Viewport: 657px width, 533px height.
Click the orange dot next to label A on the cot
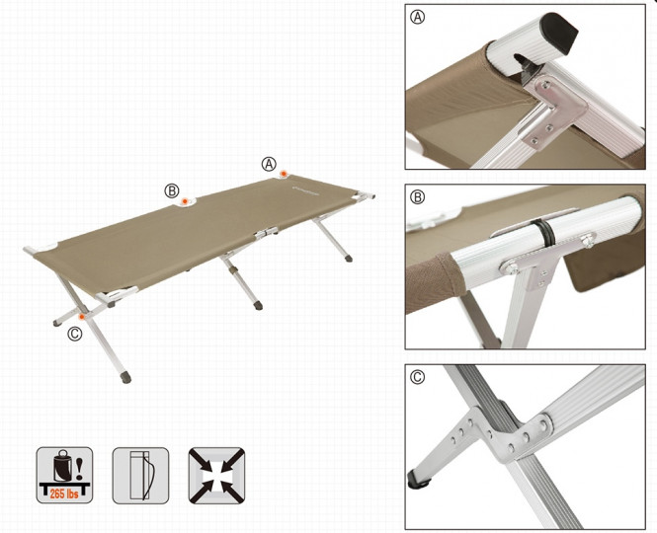point(284,174)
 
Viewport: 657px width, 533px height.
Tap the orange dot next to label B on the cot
point(185,201)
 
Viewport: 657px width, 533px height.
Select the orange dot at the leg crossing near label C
point(82,317)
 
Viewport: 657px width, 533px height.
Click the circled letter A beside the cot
point(269,164)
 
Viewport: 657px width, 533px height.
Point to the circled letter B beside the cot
point(171,190)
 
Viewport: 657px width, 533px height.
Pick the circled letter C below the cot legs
point(75,334)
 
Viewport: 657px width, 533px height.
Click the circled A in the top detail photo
point(418,17)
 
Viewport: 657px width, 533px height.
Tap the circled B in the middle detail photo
point(418,197)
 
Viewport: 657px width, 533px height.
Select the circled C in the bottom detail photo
point(418,377)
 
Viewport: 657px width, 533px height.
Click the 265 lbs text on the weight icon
point(64,494)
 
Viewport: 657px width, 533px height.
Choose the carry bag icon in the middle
point(140,475)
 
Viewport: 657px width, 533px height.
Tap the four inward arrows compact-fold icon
point(216,475)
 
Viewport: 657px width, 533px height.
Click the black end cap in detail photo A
point(560,32)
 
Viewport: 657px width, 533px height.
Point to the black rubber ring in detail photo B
point(542,232)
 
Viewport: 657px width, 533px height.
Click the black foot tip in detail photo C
point(419,480)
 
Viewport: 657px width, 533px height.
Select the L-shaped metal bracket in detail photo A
point(552,111)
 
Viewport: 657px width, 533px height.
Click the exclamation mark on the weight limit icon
point(79,469)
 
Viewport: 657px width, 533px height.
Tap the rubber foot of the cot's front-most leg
point(125,378)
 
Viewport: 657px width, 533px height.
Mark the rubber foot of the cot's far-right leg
point(349,258)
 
